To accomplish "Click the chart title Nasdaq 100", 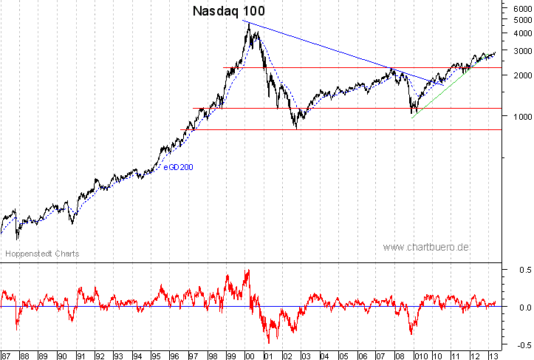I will tap(228, 12).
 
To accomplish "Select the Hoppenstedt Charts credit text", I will tap(42, 254).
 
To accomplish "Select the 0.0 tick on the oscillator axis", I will tap(519, 308).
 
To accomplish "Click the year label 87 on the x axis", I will tap(7, 354).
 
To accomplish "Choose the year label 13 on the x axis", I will tap(491, 354).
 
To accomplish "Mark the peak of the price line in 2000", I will tap(249, 23).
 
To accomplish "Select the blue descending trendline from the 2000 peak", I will tap(332, 49).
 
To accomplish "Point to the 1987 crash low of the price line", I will tap(16, 238).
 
